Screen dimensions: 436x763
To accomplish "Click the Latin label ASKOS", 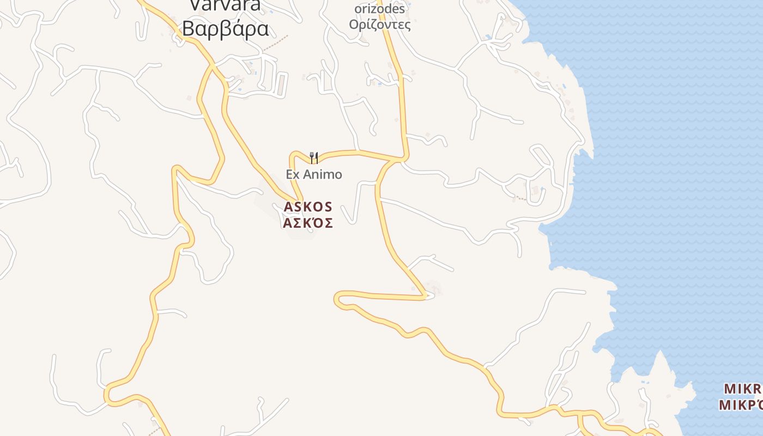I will [x=307, y=207].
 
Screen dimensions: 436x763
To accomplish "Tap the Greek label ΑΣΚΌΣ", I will [x=307, y=223].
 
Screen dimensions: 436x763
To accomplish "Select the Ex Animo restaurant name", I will [x=314, y=174].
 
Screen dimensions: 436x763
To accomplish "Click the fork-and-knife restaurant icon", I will [x=314, y=158].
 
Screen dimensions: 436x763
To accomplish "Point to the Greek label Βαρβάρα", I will [x=225, y=28].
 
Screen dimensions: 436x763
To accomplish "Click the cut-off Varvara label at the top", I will [x=225, y=5].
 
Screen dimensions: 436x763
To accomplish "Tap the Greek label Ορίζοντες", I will [x=379, y=25].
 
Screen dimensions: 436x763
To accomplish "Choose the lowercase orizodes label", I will [x=379, y=9].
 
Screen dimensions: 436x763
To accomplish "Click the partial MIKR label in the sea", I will [x=742, y=389].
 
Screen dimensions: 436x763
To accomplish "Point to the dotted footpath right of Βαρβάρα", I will [x=276, y=45].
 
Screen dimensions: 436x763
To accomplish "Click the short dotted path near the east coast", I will [x=521, y=198].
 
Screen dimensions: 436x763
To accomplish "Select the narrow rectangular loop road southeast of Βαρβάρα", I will [x=281, y=85].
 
